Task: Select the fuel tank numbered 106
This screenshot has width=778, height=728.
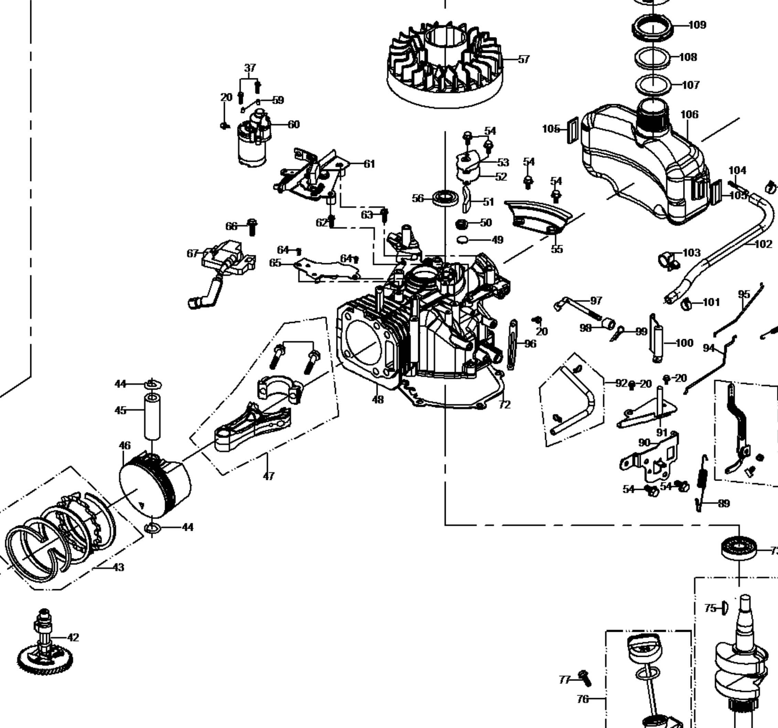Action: (x=642, y=164)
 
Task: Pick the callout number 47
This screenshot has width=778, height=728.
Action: (x=269, y=476)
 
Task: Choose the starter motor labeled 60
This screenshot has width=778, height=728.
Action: (x=253, y=139)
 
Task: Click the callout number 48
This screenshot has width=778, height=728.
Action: (x=378, y=400)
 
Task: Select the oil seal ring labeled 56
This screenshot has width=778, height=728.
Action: (x=445, y=198)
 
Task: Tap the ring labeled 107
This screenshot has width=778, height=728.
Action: (x=653, y=85)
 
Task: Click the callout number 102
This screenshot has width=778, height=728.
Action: (x=763, y=244)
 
